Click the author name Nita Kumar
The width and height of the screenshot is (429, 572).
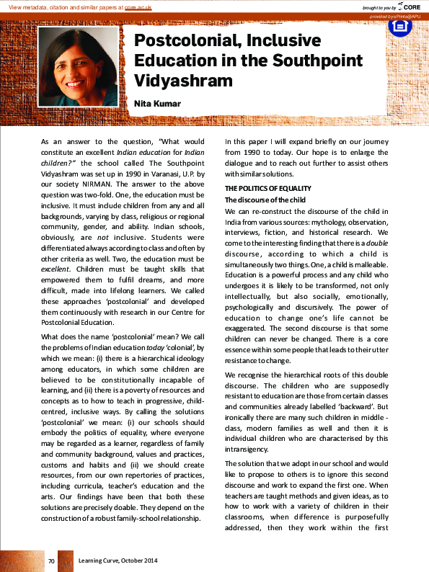pos(157,104)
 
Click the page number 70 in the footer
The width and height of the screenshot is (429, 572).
pos(51,560)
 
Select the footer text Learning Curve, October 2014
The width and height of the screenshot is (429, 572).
pos(118,560)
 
